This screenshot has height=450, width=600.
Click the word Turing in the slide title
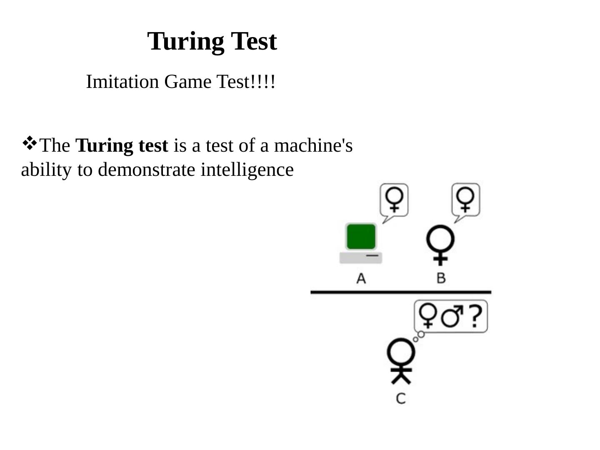click(x=185, y=42)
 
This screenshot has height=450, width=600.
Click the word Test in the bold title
click(x=254, y=41)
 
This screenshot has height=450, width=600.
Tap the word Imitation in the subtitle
click(x=122, y=82)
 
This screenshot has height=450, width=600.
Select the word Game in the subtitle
click(x=188, y=82)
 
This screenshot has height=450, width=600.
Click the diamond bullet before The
click(x=29, y=143)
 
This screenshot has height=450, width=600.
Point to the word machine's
click(x=313, y=145)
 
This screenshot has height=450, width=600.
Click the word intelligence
click(x=247, y=170)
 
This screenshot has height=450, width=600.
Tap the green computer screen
click(x=361, y=237)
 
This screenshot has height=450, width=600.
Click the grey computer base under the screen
click(x=361, y=258)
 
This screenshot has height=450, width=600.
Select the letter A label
click(x=361, y=278)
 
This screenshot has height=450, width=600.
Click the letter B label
click(x=441, y=278)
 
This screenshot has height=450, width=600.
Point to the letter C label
click(x=401, y=398)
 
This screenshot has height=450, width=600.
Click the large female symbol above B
click(x=440, y=244)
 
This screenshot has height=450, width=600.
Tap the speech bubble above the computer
click(x=394, y=200)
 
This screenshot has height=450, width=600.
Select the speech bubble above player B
click(x=466, y=200)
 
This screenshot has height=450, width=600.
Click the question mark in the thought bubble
click(x=475, y=316)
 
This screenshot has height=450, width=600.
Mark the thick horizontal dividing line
click(x=401, y=292)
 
